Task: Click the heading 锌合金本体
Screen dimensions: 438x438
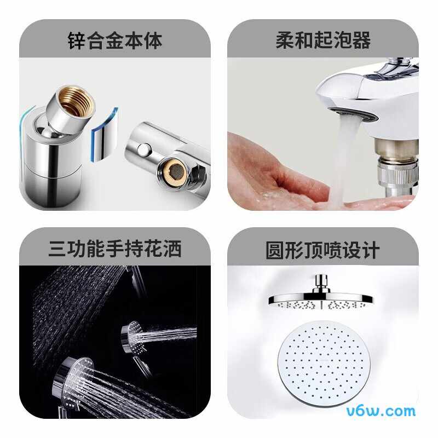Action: coord(115,41)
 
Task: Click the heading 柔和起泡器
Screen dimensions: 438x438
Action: coord(323,40)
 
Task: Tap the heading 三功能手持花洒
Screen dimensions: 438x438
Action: coord(115,249)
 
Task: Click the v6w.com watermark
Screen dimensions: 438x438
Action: coord(381,411)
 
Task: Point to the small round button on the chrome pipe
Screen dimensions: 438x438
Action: coord(143,149)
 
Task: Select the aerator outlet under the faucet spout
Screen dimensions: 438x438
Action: coord(353,115)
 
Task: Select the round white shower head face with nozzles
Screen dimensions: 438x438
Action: coord(324,364)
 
